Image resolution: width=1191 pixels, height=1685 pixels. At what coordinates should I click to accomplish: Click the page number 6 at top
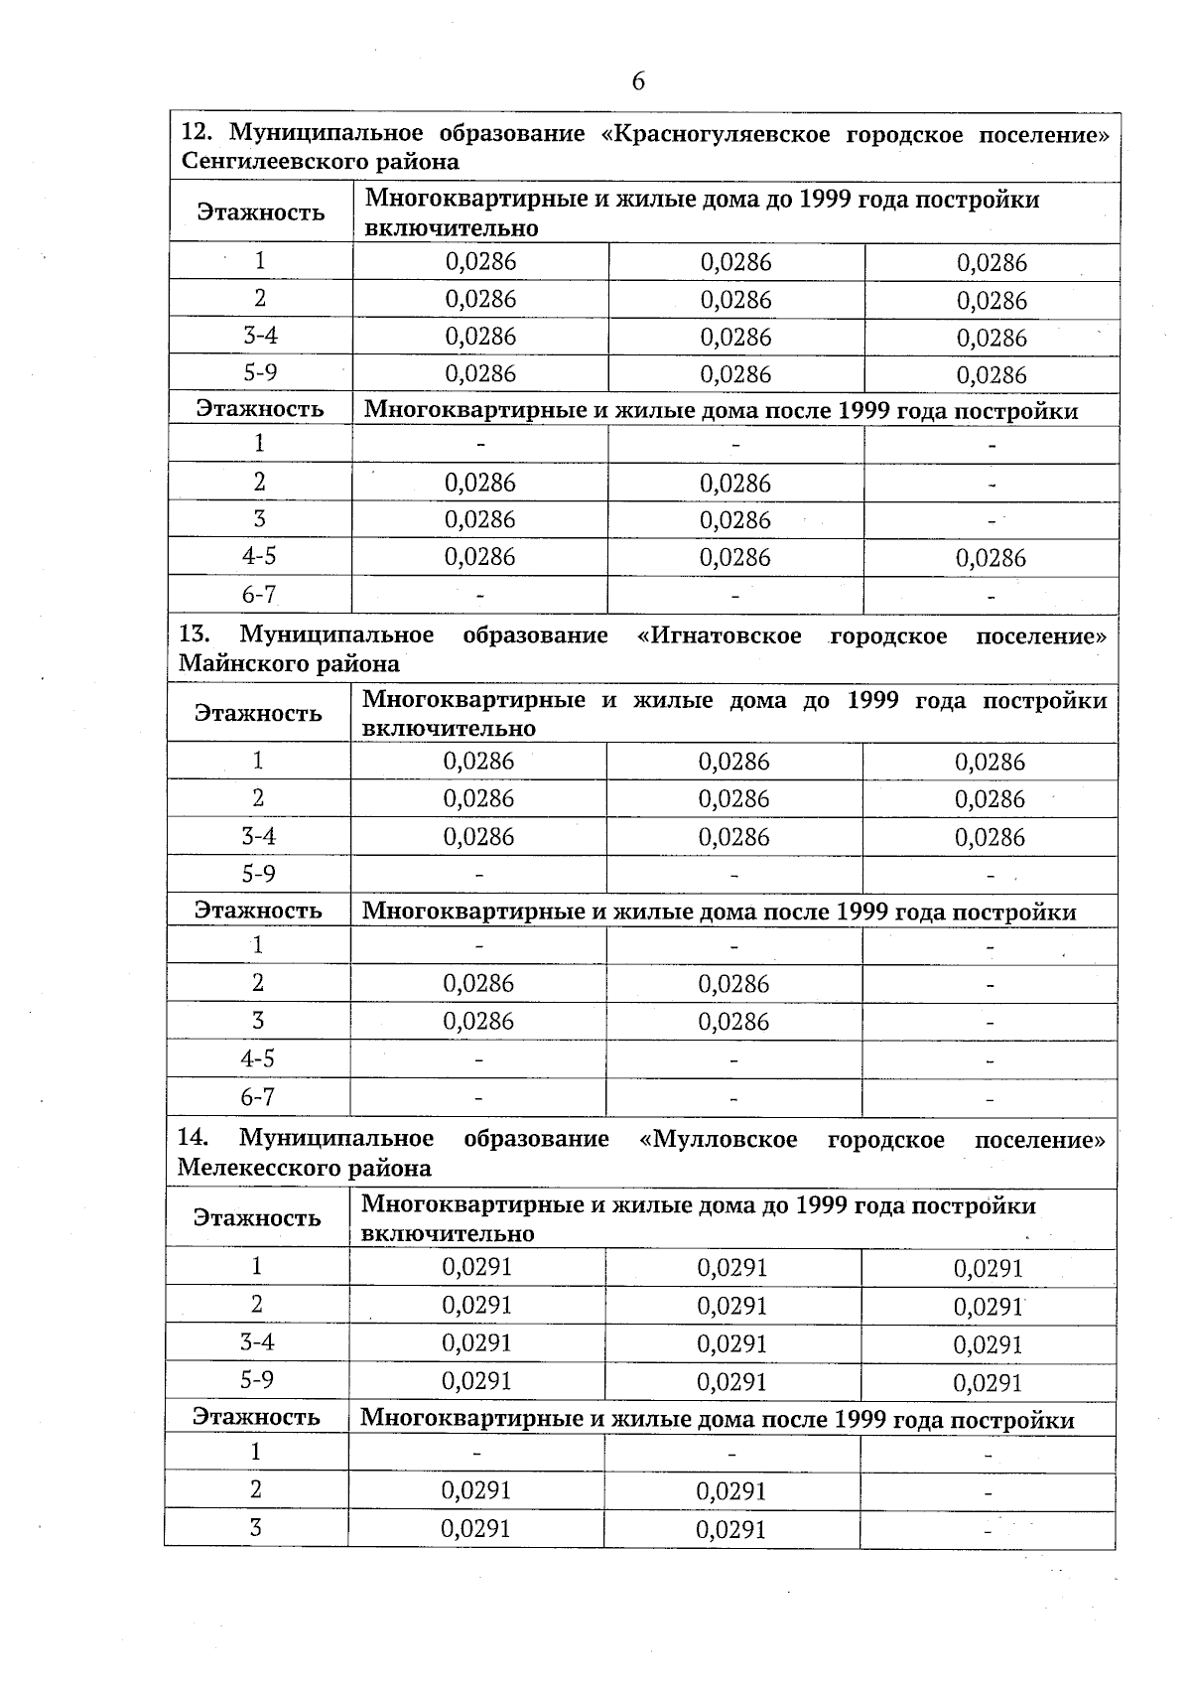(x=638, y=81)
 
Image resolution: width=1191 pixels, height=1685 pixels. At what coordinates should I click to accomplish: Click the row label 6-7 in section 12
(x=259, y=595)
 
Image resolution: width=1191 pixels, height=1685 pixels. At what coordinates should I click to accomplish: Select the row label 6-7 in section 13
(x=257, y=1097)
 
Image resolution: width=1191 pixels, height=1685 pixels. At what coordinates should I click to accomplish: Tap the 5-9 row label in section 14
(x=256, y=1380)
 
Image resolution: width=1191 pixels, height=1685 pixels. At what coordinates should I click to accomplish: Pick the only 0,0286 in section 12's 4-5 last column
(x=991, y=558)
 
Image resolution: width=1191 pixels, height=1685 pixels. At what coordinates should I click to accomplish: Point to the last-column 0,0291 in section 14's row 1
(x=988, y=1268)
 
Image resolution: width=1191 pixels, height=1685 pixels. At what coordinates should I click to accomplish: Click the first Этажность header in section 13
(x=258, y=713)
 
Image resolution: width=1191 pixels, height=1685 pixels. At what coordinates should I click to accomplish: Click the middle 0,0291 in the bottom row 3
(x=731, y=1529)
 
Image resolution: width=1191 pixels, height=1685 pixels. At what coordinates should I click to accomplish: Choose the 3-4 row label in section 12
(x=260, y=336)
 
